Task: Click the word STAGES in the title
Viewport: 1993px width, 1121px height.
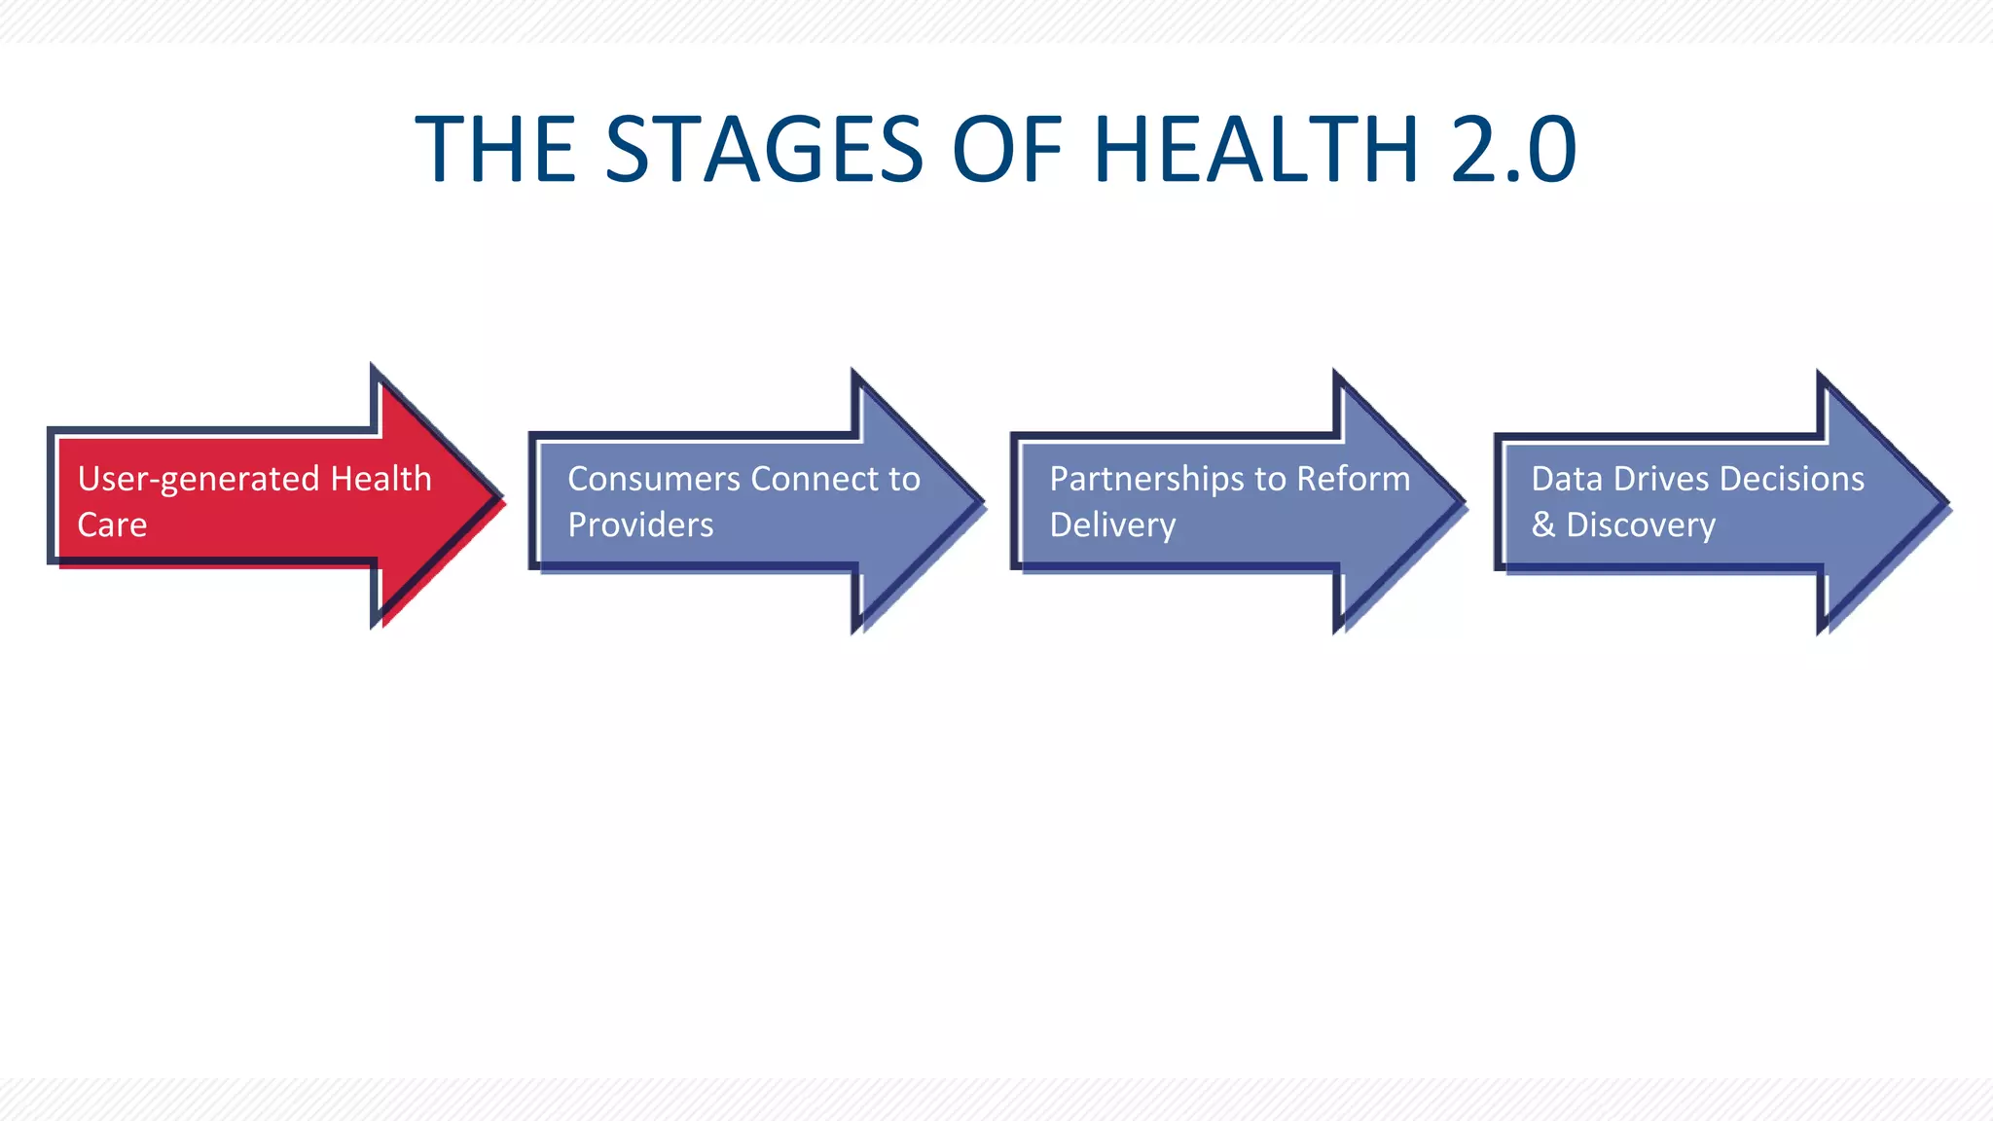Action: coord(764,149)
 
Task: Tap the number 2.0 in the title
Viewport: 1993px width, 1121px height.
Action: coord(1512,149)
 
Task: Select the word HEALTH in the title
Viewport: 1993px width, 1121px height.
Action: coord(1256,149)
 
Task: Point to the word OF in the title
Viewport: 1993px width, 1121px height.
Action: coord(1007,149)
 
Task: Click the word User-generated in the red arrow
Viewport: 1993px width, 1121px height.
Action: coord(199,480)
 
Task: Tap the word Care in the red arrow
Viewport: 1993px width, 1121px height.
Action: coord(112,525)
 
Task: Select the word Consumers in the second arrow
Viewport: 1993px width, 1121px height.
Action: coord(654,479)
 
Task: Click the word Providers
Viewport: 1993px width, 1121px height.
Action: coord(640,525)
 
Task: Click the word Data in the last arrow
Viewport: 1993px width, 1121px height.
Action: coord(1566,479)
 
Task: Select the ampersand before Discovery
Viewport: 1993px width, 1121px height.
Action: coord(1542,525)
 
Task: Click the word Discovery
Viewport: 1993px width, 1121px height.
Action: coord(1641,525)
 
